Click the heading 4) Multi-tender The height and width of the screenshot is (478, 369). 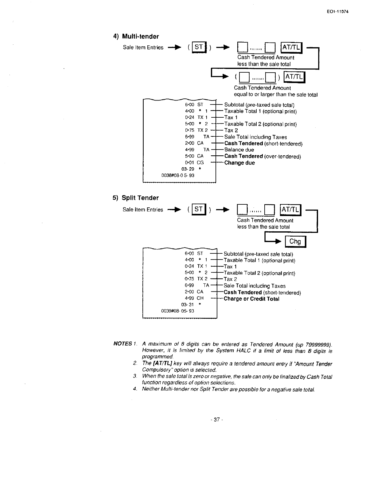[136, 36]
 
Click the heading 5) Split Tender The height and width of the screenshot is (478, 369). [136, 198]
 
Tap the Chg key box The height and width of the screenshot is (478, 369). [295, 241]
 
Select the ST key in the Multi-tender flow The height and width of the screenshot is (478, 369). [199, 47]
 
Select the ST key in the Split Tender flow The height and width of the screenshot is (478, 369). [199, 209]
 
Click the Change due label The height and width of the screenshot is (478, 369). [239, 163]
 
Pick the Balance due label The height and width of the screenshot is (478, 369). [239, 150]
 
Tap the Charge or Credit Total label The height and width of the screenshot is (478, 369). [251, 299]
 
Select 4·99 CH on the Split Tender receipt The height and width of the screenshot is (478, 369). [194, 298]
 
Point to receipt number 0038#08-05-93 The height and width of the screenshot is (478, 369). [178, 176]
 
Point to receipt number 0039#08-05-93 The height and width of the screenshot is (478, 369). [177, 311]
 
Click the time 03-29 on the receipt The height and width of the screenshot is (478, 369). [188, 169]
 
